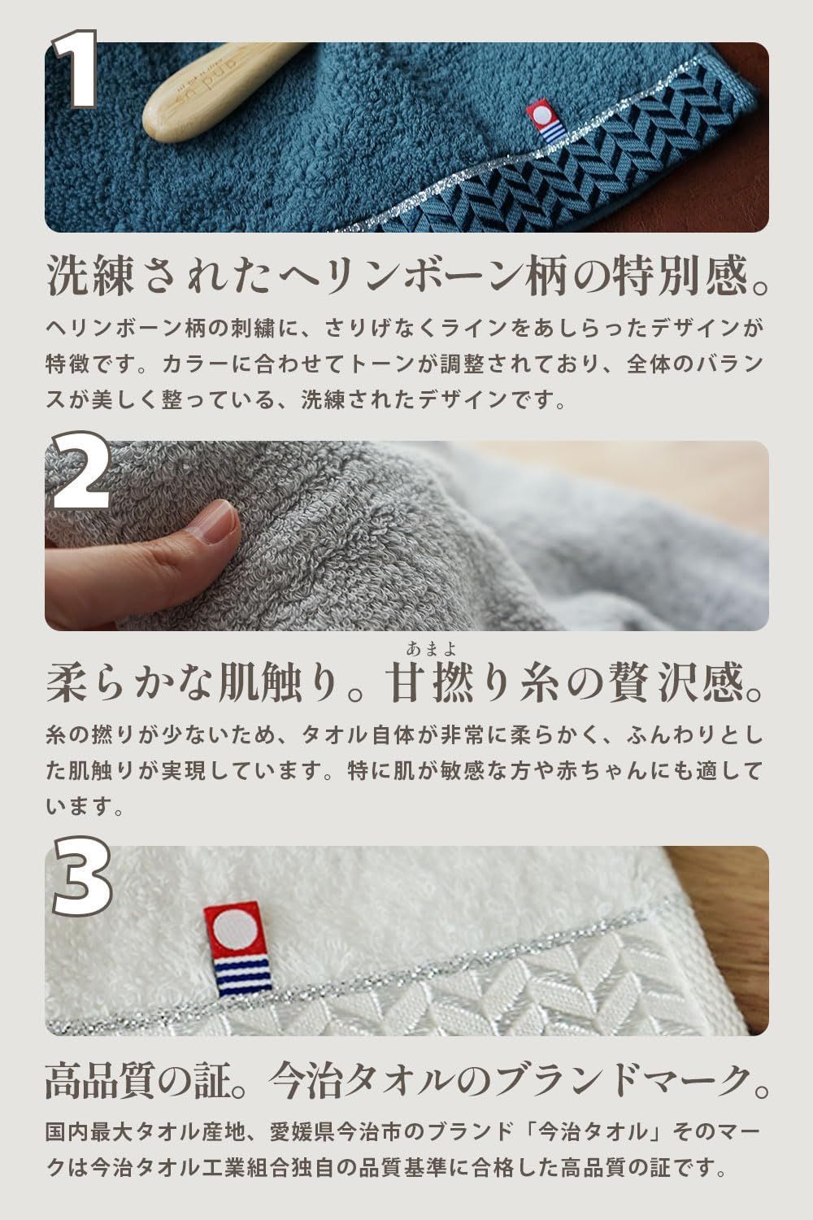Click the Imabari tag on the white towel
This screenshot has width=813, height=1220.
coord(237,948)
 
